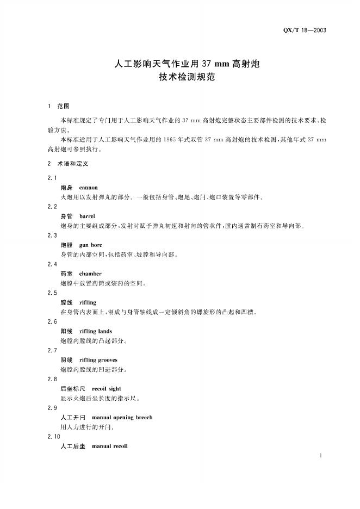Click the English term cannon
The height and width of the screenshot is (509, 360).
pyautogui.click(x=89, y=187)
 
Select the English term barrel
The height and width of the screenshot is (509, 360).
pyautogui.click(x=87, y=216)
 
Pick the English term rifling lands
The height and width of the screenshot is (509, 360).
pyautogui.click(x=96, y=331)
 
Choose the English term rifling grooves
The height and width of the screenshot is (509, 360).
pyautogui.click(x=98, y=359)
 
